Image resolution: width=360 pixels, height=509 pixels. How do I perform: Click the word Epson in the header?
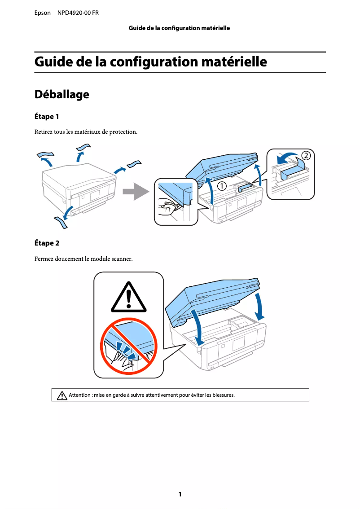[x=43, y=13]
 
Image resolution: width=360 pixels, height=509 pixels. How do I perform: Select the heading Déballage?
[x=62, y=95]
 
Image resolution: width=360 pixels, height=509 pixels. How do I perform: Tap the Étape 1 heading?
[x=47, y=117]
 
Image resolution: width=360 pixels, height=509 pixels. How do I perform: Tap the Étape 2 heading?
[x=47, y=243]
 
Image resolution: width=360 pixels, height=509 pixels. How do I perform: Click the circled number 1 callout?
[x=222, y=186]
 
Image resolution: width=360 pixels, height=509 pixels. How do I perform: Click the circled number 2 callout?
[x=305, y=156]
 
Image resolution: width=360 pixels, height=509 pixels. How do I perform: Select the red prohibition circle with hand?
[x=128, y=346]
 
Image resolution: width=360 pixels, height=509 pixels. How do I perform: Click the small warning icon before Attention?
[x=62, y=395]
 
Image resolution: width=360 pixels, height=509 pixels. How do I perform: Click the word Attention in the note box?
[x=79, y=395]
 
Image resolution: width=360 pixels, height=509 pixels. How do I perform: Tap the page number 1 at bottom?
[x=180, y=494]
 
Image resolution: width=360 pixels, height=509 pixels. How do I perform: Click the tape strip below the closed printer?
[x=61, y=222]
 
